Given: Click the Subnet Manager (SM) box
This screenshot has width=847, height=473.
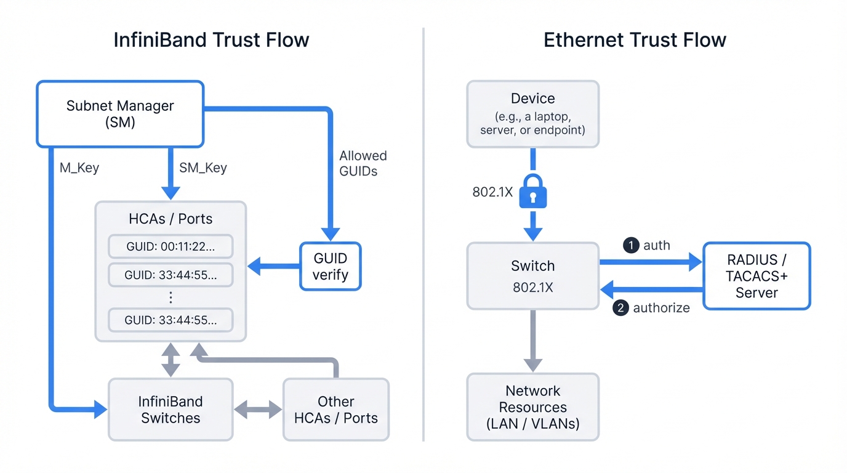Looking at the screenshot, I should click(x=120, y=114).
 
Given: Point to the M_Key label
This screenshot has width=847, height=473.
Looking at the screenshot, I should click(x=79, y=168).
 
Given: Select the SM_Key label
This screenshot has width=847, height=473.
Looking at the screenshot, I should click(x=203, y=168).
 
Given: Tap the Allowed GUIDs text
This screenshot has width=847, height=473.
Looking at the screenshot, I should click(x=363, y=163).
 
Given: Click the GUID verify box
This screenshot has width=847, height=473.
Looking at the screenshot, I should click(x=330, y=267).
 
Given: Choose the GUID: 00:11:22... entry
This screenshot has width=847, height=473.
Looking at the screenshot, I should click(x=171, y=246).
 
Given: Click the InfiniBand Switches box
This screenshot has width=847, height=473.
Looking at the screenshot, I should click(x=171, y=410).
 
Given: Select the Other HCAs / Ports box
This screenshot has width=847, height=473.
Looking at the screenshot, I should click(x=335, y=410).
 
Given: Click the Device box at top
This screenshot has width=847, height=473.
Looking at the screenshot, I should click(x=532, y=114).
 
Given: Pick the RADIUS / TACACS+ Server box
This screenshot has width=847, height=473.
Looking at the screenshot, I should click(x=757, y=276).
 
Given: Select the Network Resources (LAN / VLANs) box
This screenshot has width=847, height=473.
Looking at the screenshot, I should click(x=532, y=407).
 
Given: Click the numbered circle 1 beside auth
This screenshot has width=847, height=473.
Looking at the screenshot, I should click(x=630, y=245).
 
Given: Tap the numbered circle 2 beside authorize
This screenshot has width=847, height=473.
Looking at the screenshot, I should click(x=620, y=307).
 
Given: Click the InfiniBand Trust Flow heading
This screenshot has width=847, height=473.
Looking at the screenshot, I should click(x=211, y=40).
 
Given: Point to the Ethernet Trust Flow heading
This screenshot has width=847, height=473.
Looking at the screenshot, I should click(x=635, y=40).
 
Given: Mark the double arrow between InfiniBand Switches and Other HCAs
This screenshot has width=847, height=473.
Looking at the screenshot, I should click(x=258, y=410).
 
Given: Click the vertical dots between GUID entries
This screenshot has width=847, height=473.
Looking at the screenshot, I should click(x=171, y=298).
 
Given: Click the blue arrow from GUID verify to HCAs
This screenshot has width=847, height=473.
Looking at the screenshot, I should click(x=273, y=267).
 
